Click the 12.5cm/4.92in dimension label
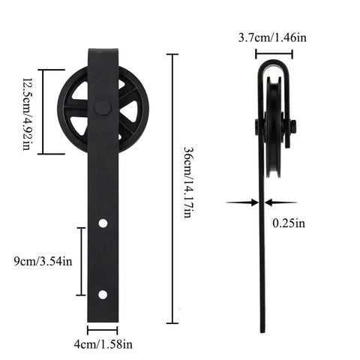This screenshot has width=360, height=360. pyautogui.click(x=26, y=112)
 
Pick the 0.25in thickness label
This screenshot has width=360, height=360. pyautogui.click(x=289, y=223)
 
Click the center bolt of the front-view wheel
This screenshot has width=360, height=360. pyautogui.click(x=103, y=109)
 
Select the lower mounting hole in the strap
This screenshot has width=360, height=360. pyautogui.click(x=103, y=293)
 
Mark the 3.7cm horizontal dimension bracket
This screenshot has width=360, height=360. pyautogui.click(x=273, y=53)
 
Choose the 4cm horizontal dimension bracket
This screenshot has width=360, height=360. pyautogui.click(x=103, y=328)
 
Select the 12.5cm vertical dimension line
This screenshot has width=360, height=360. pyautogui.click(x=43, y=111)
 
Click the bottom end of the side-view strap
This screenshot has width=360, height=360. pyautogui.click(x=263, y=328)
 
